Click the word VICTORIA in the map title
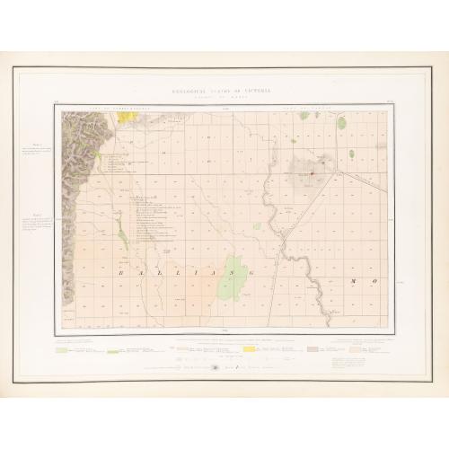260,93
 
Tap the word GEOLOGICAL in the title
190,93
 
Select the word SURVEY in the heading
225,93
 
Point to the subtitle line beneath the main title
224,100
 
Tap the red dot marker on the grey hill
311,173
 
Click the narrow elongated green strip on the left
121,235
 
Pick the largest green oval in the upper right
341,124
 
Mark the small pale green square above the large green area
257,226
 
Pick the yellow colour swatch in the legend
180,348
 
